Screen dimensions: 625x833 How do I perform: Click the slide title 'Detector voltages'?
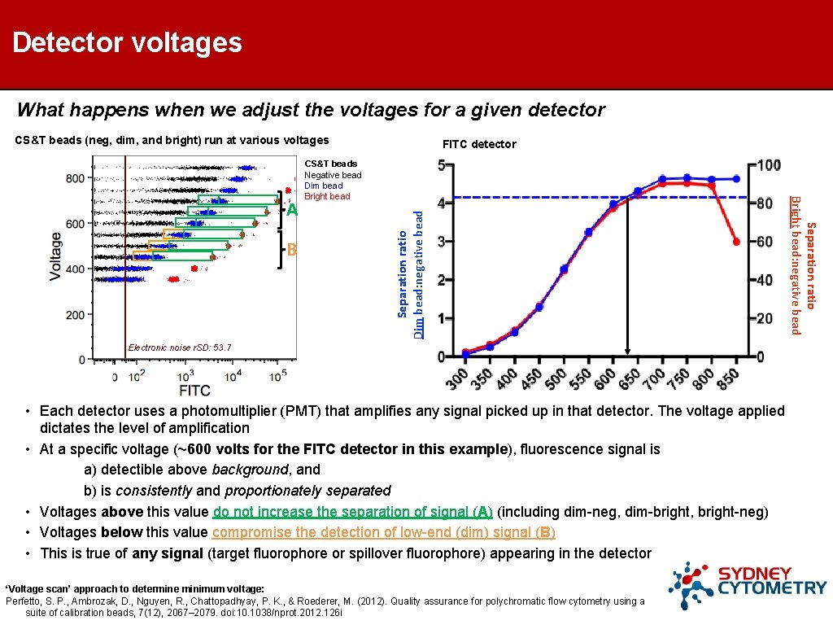coord(128,42)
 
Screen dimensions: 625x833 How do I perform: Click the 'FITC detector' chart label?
coord(479,144)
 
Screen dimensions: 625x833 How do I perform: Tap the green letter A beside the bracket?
coord(292,210)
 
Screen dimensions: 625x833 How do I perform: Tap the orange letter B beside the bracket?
coord(292,250)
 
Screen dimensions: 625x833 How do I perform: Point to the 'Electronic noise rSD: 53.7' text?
coord(180,347)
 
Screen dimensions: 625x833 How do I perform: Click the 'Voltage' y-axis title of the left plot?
coord(56,256)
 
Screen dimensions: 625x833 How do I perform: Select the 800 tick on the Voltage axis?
coord(76,177)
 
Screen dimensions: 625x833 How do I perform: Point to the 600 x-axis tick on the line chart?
coord(604,378)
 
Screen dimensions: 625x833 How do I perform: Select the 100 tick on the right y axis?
coord(767,165)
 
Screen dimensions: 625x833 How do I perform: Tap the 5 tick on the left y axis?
coord(442,165)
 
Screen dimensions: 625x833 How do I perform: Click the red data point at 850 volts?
coord(735,242)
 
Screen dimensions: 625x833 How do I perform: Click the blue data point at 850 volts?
coord(735,178)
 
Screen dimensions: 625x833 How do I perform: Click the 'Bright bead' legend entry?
coord(327,196)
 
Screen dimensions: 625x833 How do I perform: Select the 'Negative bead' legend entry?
coord(333,175)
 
